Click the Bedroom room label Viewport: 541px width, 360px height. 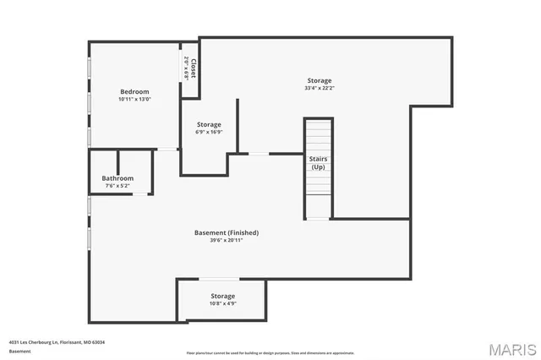[x=134, y=91]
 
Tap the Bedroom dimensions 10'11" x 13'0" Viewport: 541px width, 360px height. [x=134, y=100]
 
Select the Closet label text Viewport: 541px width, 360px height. [x=194, y=68]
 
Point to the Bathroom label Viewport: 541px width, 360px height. [x=117, y=178]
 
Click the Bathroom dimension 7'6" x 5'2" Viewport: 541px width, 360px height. [x=117, y=186]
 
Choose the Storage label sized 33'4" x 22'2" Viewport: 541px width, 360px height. [x=319, y=80]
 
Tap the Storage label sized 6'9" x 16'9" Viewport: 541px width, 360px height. [x=209, y=124]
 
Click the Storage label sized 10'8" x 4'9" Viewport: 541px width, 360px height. [x=222, y=296]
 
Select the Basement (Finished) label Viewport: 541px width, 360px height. [x=227, y=232]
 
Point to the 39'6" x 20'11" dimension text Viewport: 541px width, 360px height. [x=227, y=240]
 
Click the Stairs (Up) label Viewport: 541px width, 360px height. [x=318, y=163]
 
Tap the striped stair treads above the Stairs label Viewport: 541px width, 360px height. [x=318, y=135]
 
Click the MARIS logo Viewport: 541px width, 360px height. [x=512, y=348]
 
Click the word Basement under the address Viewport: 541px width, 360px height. [x=19, y=351]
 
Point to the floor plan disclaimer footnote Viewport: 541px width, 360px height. [x=271, y=352]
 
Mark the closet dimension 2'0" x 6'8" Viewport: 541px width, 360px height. [x=187, y=68]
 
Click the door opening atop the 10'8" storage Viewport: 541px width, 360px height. [x=219, y=280]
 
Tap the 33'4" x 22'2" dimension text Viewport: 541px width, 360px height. [x=319, y=88]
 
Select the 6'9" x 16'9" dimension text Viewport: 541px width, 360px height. [x=209, y=132]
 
